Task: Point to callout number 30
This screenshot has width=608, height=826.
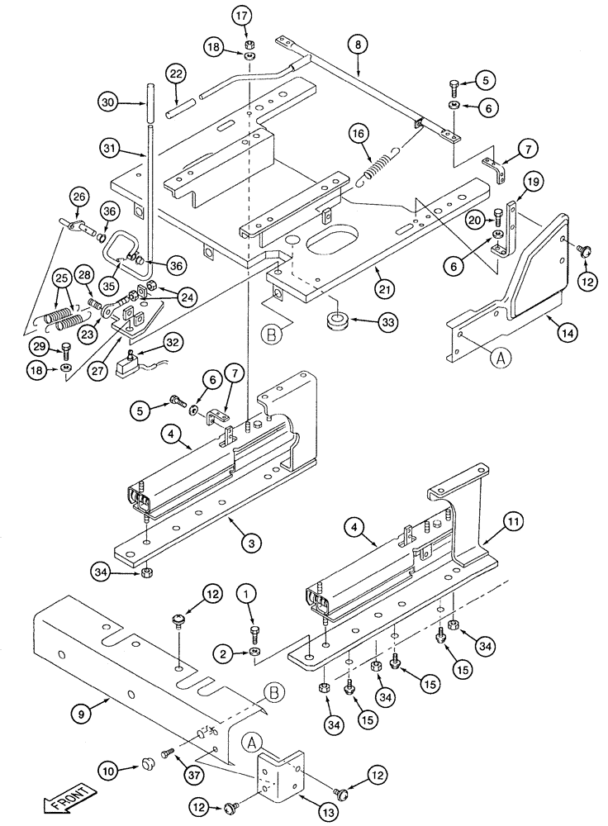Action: tap(108, 103)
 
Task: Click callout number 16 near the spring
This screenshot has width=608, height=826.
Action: tap(356, 134)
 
